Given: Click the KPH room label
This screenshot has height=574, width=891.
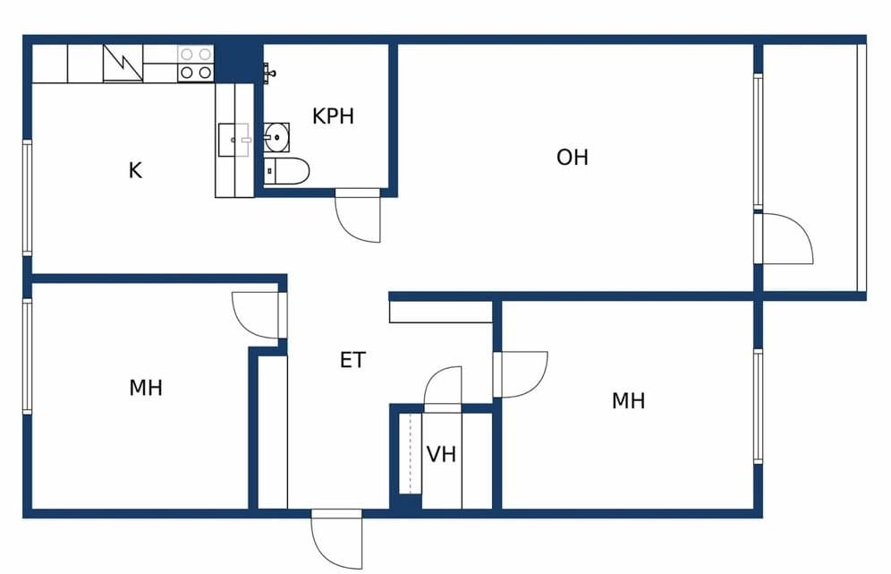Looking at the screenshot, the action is coord(333,116).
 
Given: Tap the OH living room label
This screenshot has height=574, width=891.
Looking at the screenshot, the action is coord(573,158).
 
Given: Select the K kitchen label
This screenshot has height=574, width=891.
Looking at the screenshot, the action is coord(135,170).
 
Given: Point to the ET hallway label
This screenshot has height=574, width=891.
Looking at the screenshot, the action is coord(352,360).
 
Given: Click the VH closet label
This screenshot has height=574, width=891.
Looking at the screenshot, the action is coord(442,454).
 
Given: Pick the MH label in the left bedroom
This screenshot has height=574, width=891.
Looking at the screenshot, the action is coord(146,388).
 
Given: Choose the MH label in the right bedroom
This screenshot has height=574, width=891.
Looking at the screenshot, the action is coord(629,401).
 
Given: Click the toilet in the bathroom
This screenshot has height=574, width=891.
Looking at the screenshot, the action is coord(287,171).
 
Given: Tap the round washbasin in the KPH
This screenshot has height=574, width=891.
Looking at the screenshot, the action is coord(276,137).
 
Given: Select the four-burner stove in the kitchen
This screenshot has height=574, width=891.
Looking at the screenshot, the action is coord(196,64).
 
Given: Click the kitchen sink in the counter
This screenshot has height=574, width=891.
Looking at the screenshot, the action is coord(233,140).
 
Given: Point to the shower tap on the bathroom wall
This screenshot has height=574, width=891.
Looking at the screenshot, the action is coord(269,73).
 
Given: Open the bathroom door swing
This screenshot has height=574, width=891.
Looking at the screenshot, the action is coord(358,216).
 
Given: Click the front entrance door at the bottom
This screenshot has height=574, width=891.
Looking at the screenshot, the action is coord(336,539).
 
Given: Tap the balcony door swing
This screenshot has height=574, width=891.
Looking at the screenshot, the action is coord(786,238).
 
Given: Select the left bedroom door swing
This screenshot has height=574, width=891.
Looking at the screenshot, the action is coord(259,315).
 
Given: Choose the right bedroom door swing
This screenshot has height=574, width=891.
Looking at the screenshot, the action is coord(521,374).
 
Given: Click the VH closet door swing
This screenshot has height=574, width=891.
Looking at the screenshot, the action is coord(443,390).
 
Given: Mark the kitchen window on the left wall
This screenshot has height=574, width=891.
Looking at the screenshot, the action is coord(27,197).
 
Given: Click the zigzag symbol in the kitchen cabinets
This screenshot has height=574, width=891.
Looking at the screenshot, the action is coord(123,64).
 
